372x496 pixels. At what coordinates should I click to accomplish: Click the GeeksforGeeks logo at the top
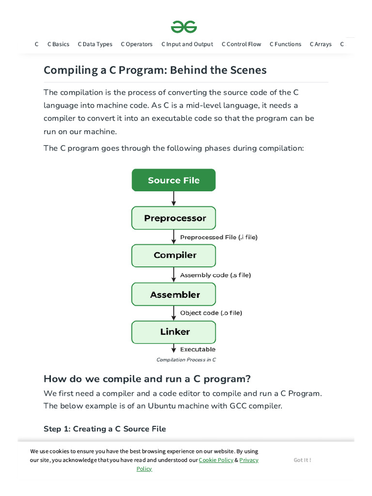click(x=184, y=27)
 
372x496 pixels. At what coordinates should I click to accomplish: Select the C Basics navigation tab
click(x=58, y=44)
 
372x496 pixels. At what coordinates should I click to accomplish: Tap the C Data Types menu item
click(x=95, y=44)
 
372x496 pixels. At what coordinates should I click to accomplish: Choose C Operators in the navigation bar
click(x=137, y=44)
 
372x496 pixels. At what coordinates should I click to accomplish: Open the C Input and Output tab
click(x=187, y=44)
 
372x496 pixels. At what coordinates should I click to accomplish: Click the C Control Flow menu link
click(x=241, y=44)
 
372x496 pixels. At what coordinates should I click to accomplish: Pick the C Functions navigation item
click(x=285, y=44)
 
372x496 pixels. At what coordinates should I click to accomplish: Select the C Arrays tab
click(x=321, y=44)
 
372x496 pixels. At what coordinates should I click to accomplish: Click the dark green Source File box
click(x=173, y=180)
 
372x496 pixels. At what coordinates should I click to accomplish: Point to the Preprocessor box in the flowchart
click(x=173, y=218)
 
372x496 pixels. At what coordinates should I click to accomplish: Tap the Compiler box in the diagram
click(x=173, y=255)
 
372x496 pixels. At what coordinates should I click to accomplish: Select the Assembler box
click(x=173, y=294)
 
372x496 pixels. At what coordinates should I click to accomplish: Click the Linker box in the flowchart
click(x=173, y=332)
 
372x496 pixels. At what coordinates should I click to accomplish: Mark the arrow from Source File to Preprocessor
click(x=173, y=199)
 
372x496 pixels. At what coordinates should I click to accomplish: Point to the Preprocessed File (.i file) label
click(x=219, y=237)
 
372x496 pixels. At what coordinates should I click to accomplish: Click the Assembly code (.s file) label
click(x=216, y=275)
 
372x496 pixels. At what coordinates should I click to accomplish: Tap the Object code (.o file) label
click(x=211, y=313)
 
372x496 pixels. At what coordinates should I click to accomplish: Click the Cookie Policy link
click(x=216, y=460)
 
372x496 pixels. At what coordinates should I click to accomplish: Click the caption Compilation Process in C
click(x=186, y=360)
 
